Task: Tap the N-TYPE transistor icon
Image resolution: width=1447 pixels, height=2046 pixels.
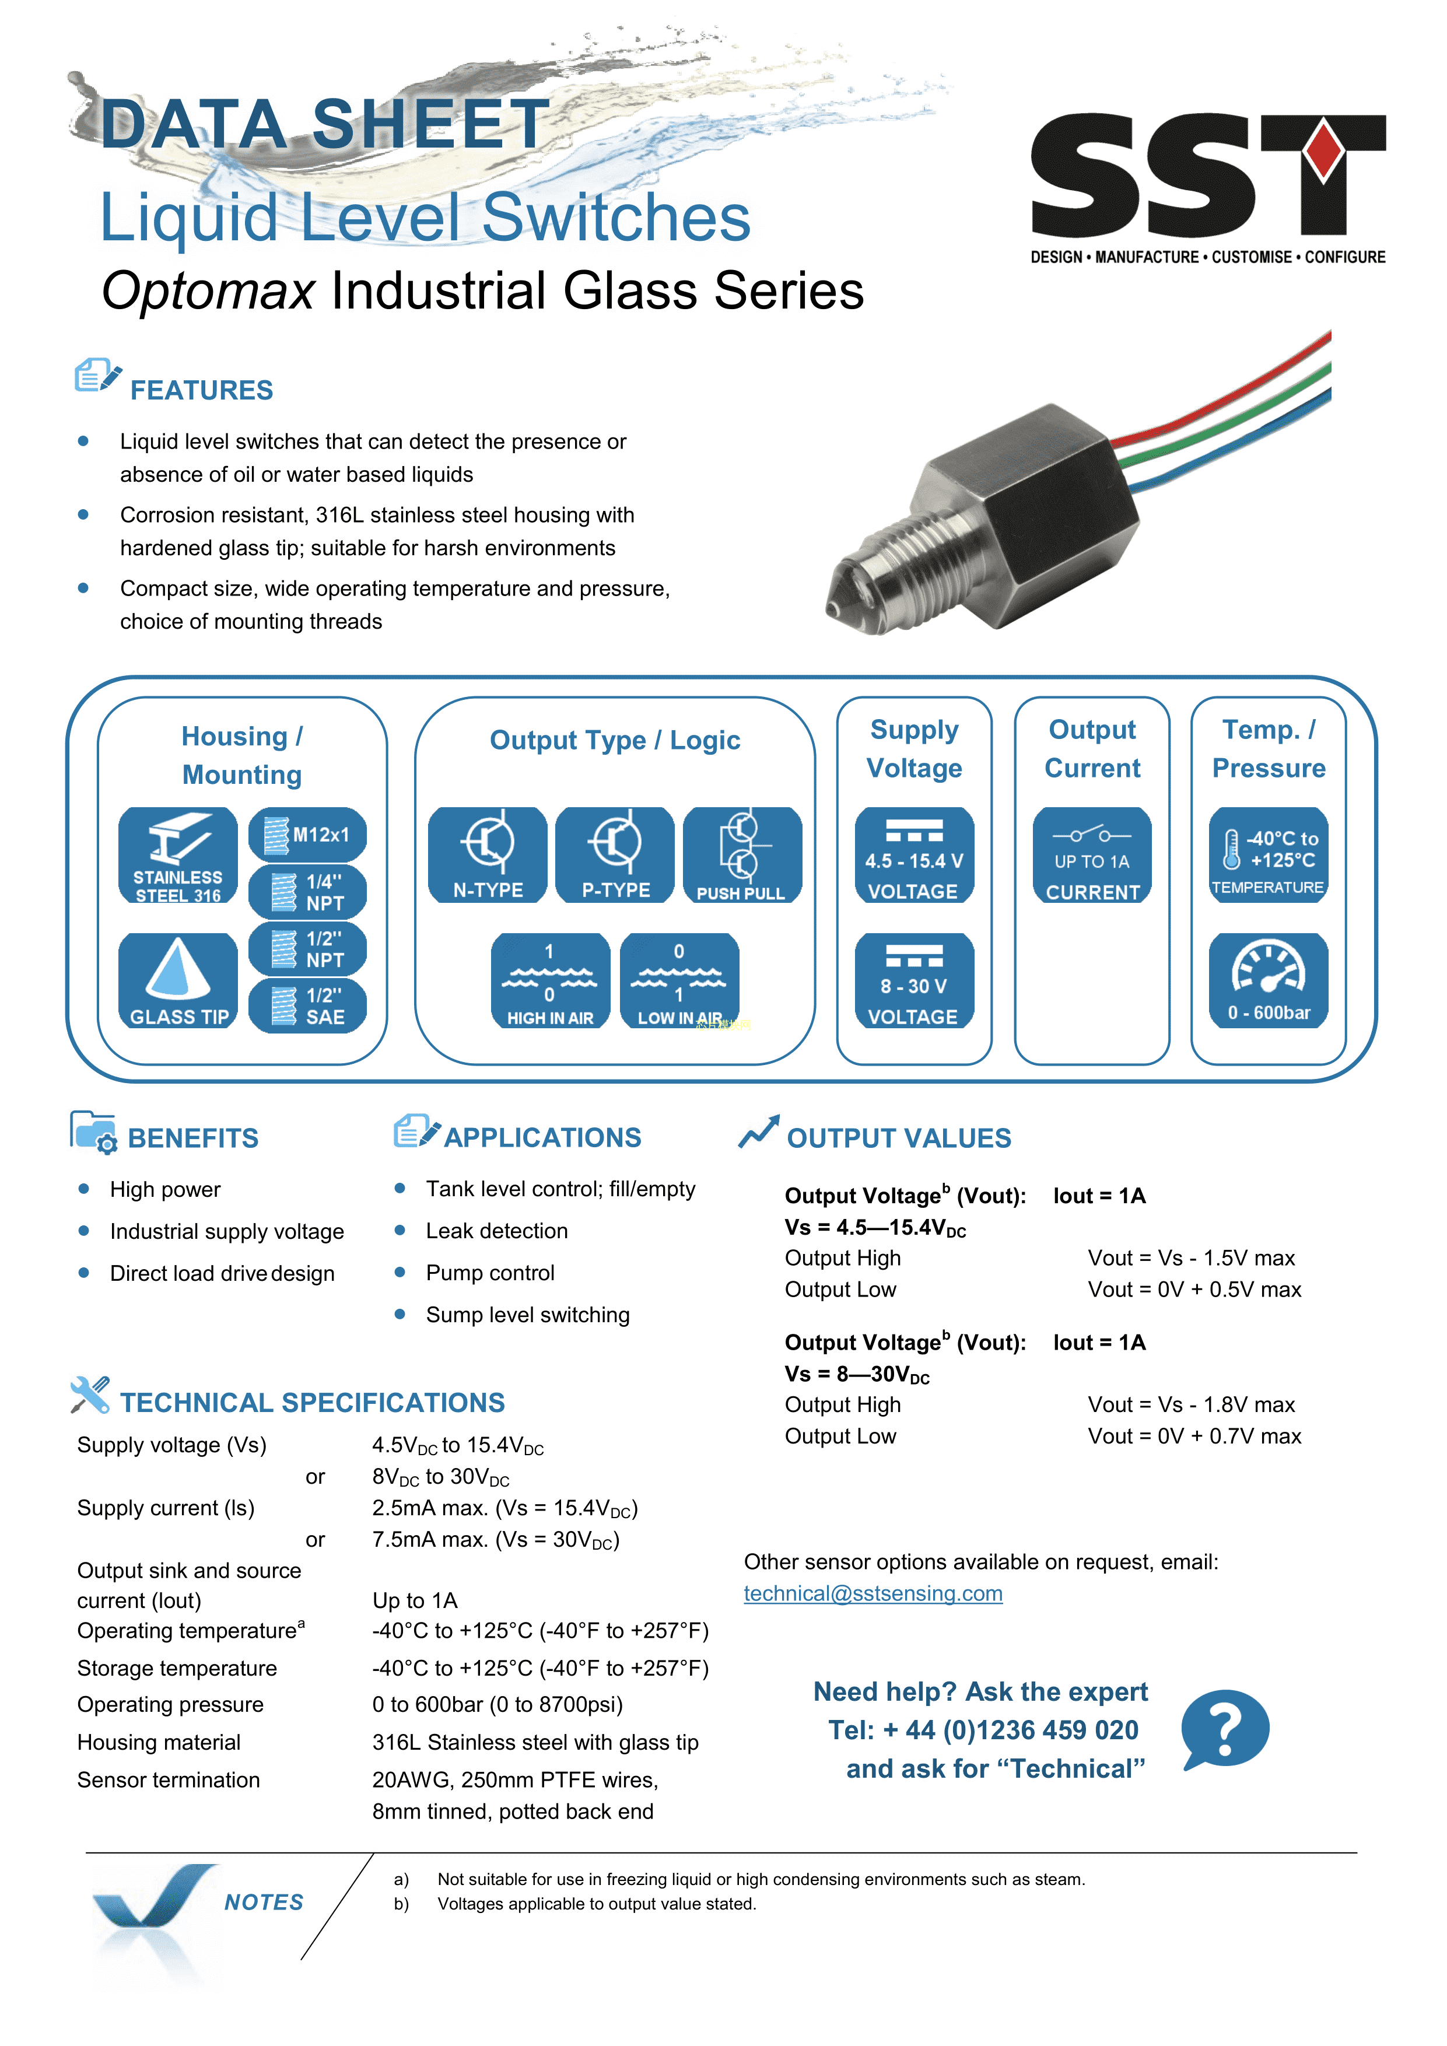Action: click(488, 854)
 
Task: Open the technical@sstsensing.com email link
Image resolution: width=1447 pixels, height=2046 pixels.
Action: click(873, 1593)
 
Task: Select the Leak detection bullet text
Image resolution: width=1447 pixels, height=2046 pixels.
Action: click(496, 1231)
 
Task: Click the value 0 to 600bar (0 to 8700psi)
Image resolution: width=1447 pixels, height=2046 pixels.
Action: click(497, 1705)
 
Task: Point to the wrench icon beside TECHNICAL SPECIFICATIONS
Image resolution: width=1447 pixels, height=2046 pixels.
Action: click(90, 1395)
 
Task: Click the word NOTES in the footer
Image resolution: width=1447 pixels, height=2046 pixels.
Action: click(264, 1903)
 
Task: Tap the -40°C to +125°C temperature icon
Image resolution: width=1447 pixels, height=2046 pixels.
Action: click(1268, 854)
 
